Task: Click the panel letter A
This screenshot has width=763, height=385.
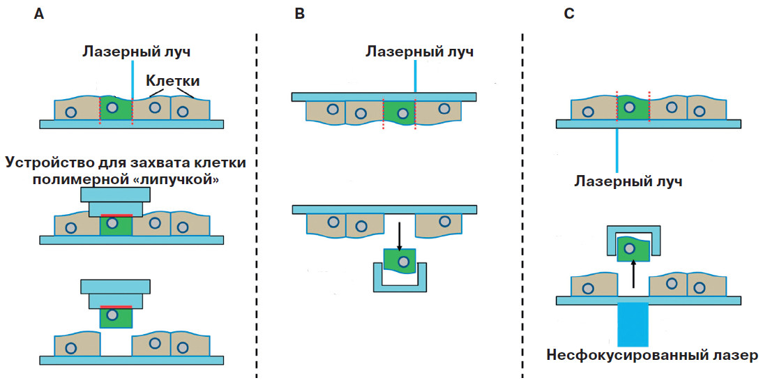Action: (x=40, y=15)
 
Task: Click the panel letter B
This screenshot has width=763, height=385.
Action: (x=300, y=15)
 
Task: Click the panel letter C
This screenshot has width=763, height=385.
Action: (x=569, y=15)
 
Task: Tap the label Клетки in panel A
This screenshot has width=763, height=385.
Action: (x=172, y=82)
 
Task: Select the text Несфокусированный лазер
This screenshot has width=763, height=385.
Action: (x=651, y=356)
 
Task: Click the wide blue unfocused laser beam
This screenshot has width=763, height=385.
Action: (x=633, y=324)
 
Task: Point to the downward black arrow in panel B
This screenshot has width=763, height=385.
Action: (x=399, y=236)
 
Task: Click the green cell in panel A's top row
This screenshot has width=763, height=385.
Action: (x=116, y=110)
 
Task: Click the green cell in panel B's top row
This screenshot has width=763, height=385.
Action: (x=399, y=112)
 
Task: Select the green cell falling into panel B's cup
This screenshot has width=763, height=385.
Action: (x=400, y=262)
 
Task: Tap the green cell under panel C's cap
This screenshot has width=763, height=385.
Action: (x=633, y=249)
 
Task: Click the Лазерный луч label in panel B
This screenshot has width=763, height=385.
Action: (x=420, y=52)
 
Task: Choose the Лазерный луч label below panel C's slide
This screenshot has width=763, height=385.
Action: (x=628, y=181)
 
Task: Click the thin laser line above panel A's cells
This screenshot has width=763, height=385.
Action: (x=131, y=77)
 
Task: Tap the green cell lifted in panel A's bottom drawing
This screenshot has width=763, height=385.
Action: (x=115, y=317)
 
